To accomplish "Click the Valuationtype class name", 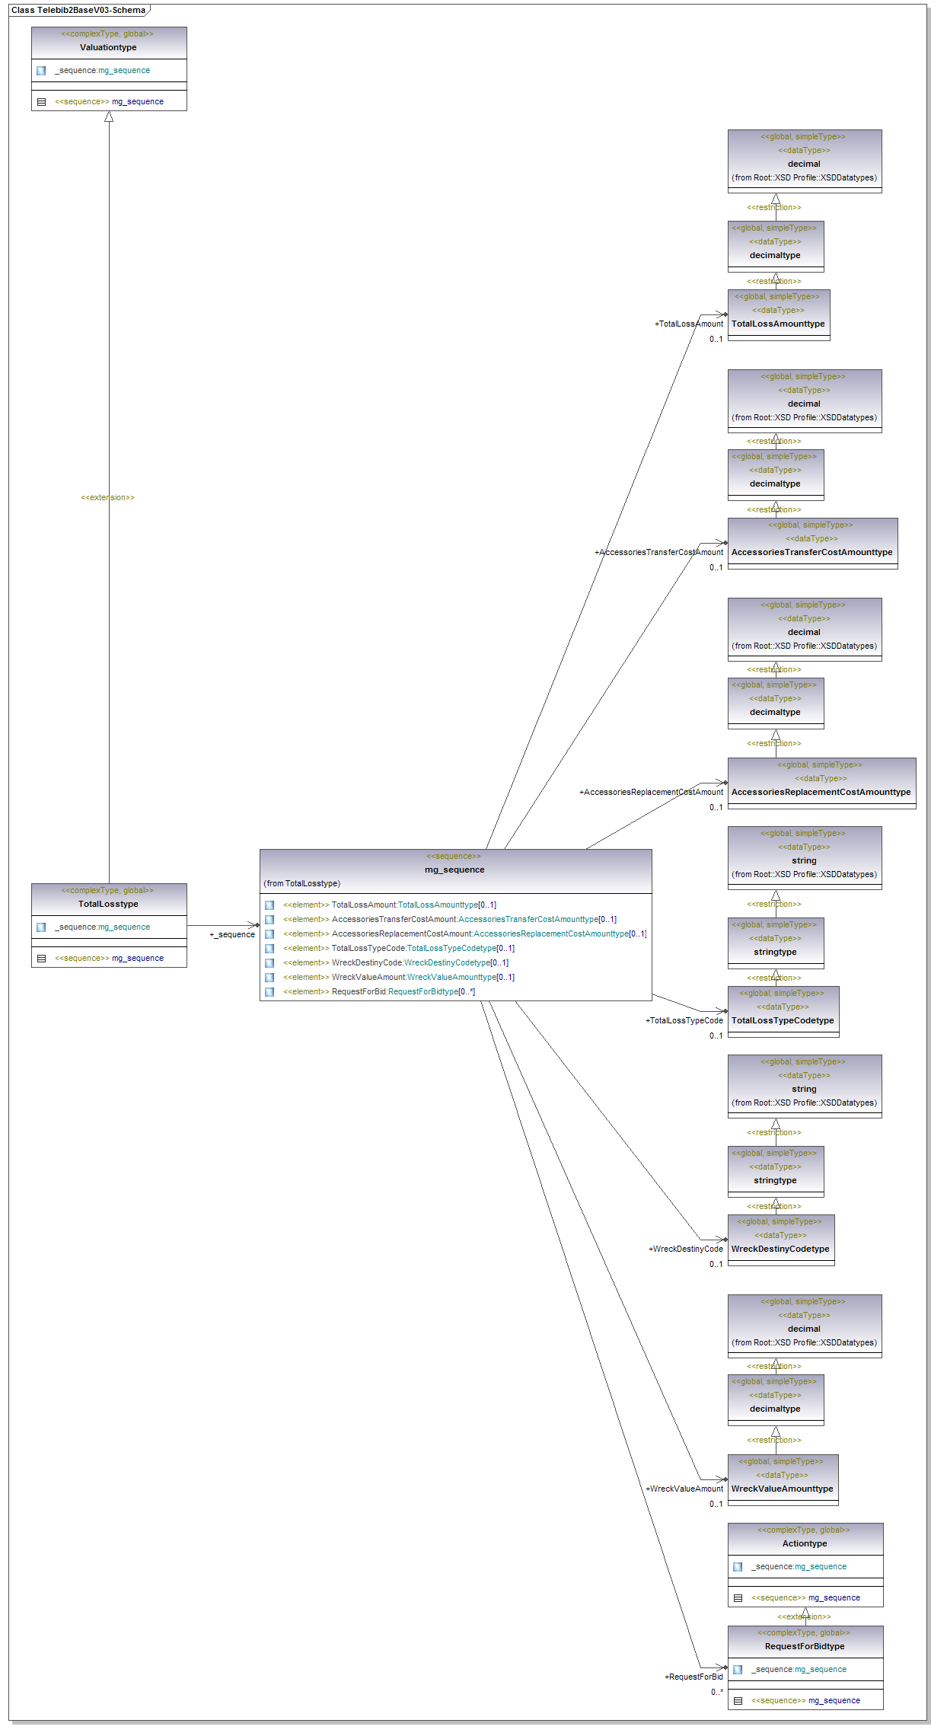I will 108,47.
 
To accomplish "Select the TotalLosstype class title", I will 108,904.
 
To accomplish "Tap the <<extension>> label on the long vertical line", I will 107,497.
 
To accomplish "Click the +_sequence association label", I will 232,934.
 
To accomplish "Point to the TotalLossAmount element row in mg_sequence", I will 389,905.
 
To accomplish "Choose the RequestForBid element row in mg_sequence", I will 378,991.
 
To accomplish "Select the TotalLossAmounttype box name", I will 778,324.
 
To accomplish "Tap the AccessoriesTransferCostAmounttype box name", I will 811,552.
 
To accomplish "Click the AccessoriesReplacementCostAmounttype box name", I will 821,792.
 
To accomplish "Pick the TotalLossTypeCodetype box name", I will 783,1020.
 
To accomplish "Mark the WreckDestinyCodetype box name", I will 780,1249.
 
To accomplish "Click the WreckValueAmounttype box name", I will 782,1489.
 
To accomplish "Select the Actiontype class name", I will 805,1543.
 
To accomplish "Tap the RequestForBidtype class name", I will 805,1646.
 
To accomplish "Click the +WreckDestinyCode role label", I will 685,1249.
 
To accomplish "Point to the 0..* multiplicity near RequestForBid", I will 717,1692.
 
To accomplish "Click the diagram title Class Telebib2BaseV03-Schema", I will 78,10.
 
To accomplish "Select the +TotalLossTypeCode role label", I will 684,1020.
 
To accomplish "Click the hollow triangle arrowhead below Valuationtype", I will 109,116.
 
